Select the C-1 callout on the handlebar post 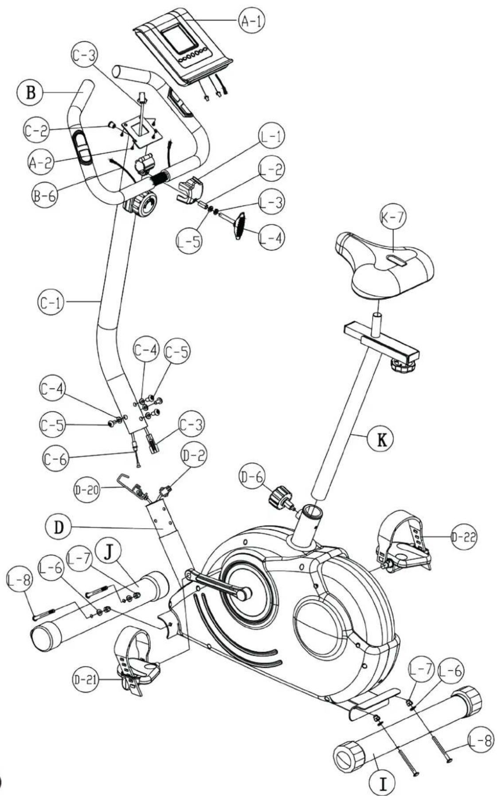pyautogui.click(x=49, y=302)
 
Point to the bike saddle pyautogui.click(x=384, y=266)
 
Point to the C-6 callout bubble pyautogui.click(x=55, y=459)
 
